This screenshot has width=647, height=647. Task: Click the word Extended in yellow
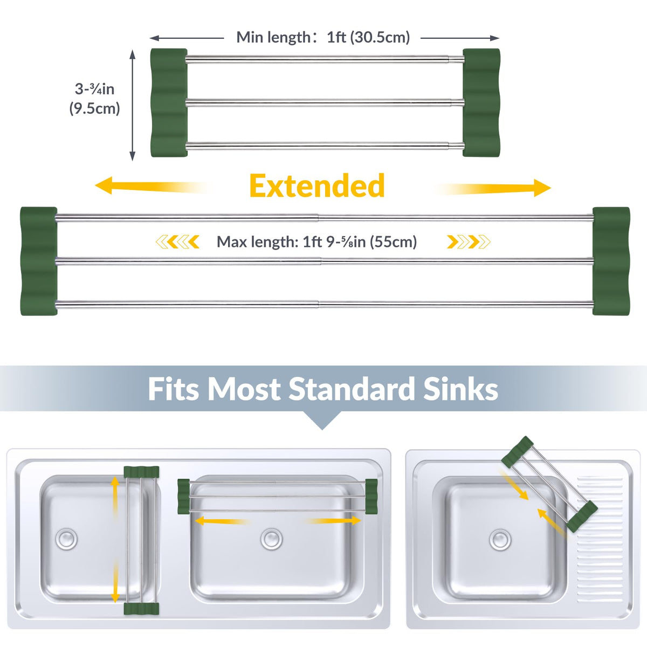click(317, 185)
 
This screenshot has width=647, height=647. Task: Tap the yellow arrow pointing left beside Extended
click(153, 186)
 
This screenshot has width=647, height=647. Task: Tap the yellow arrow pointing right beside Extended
click(493, 188)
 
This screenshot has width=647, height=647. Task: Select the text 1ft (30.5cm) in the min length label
click(368, 37)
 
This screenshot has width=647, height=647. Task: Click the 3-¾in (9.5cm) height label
click(95, 99)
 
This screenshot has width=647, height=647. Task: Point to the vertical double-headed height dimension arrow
click(133, 105)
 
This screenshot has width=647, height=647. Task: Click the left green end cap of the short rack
click(169, 103)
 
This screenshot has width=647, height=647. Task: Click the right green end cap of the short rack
click(481, 102)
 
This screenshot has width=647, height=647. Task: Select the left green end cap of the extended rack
click(39, 261)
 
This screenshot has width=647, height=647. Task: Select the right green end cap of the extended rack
click(611, 261)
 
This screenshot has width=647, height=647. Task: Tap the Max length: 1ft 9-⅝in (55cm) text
click(316, 242)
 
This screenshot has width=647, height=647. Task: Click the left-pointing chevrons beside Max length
click(177, 242)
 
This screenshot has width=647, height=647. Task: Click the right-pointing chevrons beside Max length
click(469, 242)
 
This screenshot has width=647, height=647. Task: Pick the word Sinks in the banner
click(460, 389)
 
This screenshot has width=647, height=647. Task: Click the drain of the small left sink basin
click(66, 539)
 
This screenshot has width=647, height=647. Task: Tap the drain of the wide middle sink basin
click(272, 539)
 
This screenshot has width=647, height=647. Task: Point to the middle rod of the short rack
click(325, 102)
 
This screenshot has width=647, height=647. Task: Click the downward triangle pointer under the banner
click(322, 421)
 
